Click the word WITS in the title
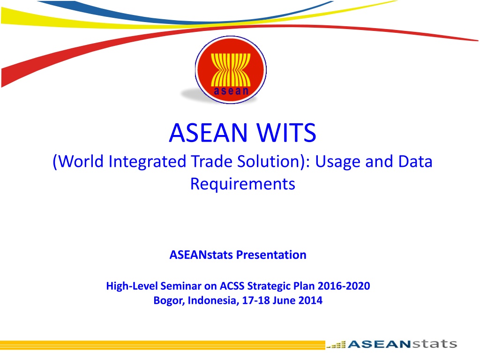click(x=286, y=133)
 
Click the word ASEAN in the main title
click(x=208, y=133)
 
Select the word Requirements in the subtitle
click(x=243, y=184)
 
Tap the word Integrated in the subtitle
click(x=147, y=161)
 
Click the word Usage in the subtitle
click(x=337, y=162)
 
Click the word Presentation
click(x=271, y=255)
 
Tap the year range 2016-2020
click(x=344, y=285)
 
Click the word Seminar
click(x=180, y=285)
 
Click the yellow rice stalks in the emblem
click(x=231, y=70)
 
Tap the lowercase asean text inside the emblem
click(x=231, y=91)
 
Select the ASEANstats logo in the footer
click(x=402, y=344)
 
